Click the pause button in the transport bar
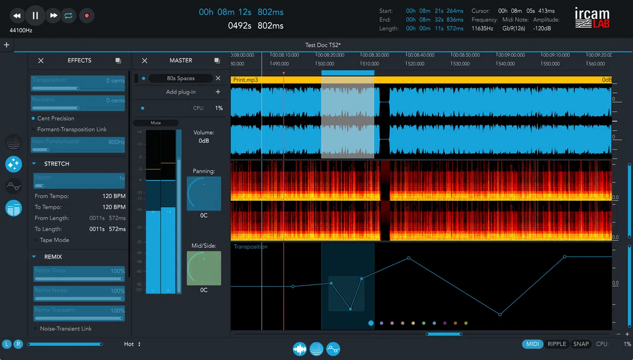(35, 15)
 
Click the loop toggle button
(69, 16)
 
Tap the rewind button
(17, 16)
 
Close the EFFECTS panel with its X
(41, 61)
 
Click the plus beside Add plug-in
(218, 92)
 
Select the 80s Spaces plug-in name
(181, 79)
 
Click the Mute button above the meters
(156, 123)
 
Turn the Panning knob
(204, 193)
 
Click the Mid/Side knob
(204, 268)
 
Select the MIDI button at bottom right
(533, 344)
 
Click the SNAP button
(581, 344)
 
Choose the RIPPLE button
(557, 344)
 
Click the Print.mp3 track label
(246, 80)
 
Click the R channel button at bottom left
(18, 344)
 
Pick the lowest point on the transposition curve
(500, 315)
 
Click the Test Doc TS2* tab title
(323, 45)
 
